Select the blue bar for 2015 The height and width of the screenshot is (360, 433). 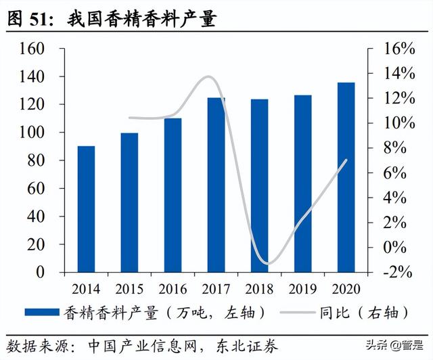coord(129,202)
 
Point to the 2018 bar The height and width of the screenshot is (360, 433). coord(259,185)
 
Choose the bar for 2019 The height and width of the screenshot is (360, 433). coord(302,183)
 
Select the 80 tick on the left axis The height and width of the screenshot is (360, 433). coord(37,161)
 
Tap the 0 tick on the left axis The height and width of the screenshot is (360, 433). coord(42,272)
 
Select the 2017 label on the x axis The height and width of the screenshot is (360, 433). coord(216,289)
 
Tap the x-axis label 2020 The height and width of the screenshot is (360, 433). coord(346,289)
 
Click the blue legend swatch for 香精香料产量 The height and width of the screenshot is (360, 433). coord(42,312)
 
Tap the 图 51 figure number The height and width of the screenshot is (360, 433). coord(30,19)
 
